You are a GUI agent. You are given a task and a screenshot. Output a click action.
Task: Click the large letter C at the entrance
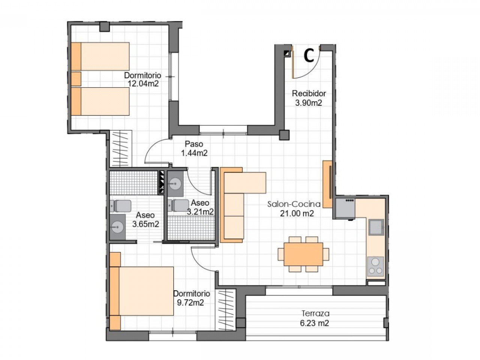309,56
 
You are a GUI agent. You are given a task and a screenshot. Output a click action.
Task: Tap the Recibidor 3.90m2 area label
309,98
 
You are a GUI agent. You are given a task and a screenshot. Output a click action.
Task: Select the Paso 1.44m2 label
194,148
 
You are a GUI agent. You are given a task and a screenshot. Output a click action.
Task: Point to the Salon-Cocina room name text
294,204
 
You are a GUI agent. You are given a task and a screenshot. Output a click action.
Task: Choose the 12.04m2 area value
143,84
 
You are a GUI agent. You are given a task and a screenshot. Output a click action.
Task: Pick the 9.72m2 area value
190,303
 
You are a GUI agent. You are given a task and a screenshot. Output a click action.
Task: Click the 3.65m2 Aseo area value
145,224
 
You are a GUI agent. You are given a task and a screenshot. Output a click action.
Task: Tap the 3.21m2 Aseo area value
200,211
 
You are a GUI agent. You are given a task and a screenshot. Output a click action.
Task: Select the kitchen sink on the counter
376,227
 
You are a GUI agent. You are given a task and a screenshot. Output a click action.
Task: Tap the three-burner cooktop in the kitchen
375,266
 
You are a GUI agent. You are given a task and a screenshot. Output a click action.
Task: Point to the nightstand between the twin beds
76,79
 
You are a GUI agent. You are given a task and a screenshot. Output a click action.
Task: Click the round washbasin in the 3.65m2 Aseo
117,227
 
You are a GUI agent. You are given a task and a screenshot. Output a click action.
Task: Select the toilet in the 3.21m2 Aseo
178,205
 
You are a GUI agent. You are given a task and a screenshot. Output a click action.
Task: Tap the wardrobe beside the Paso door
120,148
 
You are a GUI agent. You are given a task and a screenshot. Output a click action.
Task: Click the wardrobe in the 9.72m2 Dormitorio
225,309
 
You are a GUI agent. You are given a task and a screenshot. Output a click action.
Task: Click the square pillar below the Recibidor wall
284,135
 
